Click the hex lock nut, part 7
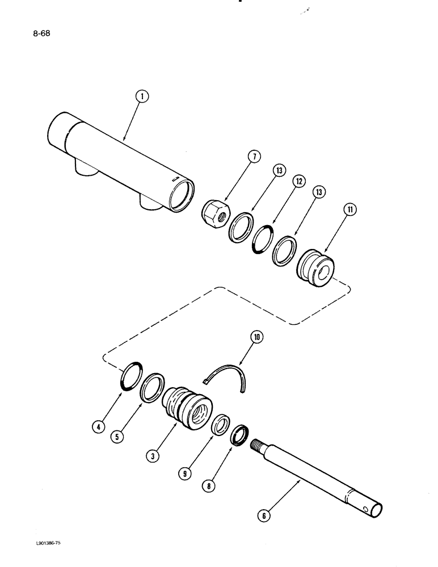click(x=214, y=214)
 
